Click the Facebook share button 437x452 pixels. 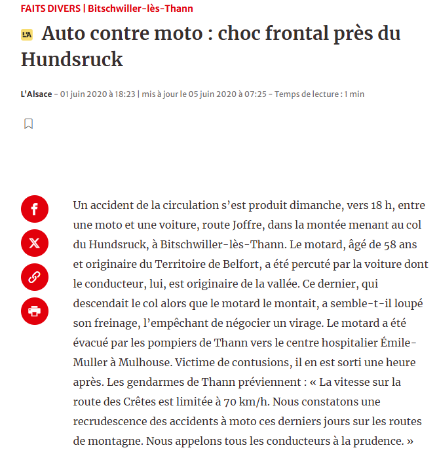click(35, 209)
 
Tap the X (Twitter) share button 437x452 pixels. click(35, 243)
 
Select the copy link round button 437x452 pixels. click(35, 277)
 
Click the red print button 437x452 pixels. click(35, 311)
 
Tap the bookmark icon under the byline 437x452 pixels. click(28, 124)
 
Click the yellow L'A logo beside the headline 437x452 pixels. click(27, 35)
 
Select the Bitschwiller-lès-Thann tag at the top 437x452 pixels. click(141, 9)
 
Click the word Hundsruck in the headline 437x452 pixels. click(72, 59)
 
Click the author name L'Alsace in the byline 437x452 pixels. click(36, 94)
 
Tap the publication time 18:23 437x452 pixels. click(126, 94)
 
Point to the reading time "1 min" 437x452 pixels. click(354, 94)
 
